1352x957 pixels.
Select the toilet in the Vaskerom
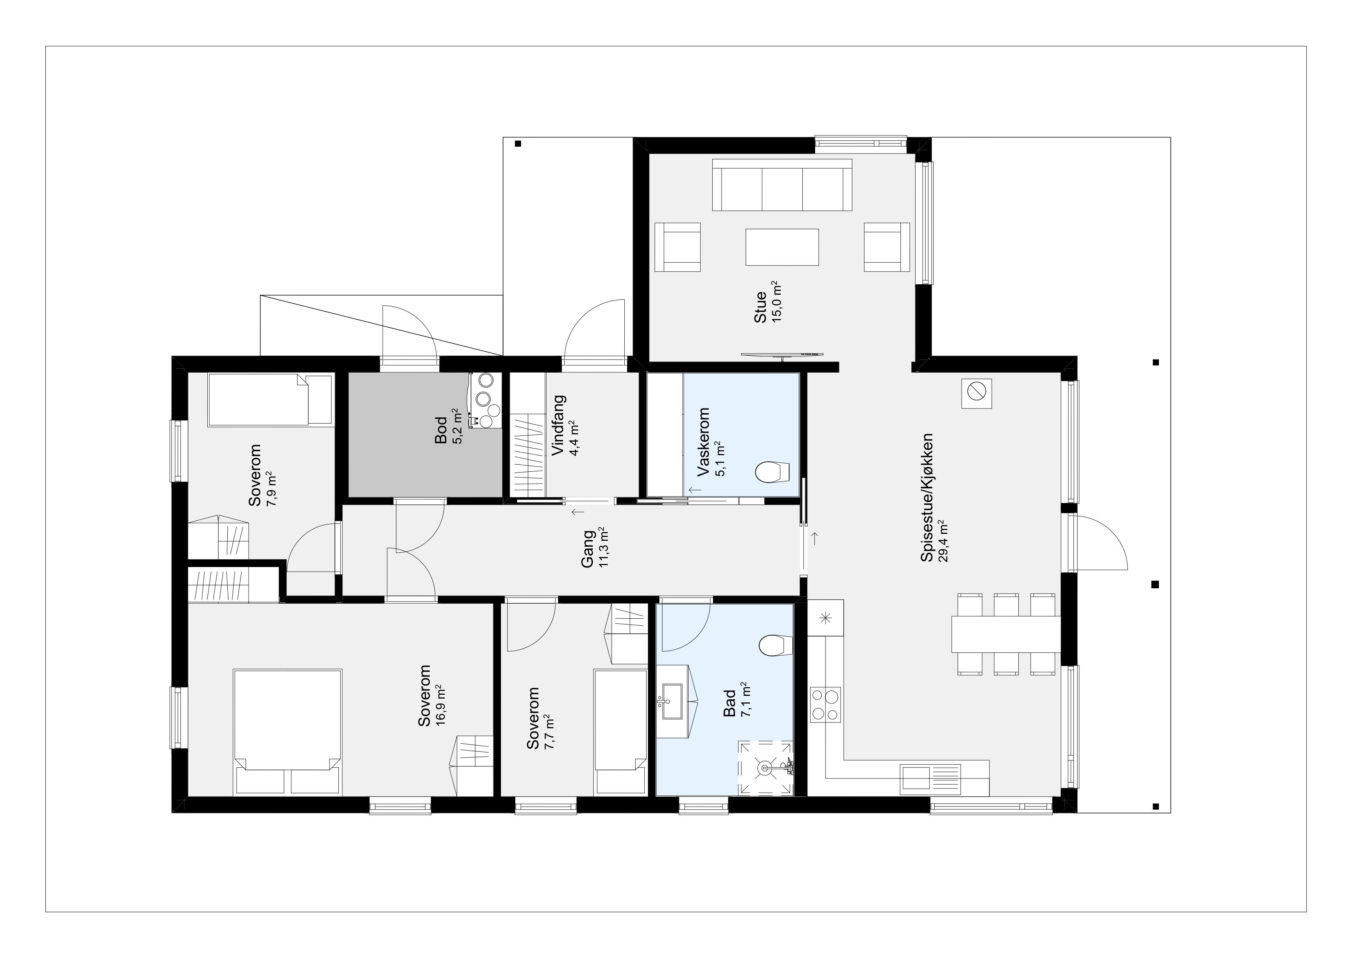click(x=772, y=471)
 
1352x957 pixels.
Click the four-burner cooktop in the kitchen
click(x=825, y=705)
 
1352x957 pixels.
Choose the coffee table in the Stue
click(x=782, y=247)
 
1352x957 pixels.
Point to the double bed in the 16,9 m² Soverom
click(x=288, y=732)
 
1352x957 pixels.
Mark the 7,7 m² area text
click(x=548, y=732)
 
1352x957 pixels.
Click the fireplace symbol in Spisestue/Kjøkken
click(x=976, y=393)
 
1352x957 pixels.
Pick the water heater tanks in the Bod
click(x=485, y=401)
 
